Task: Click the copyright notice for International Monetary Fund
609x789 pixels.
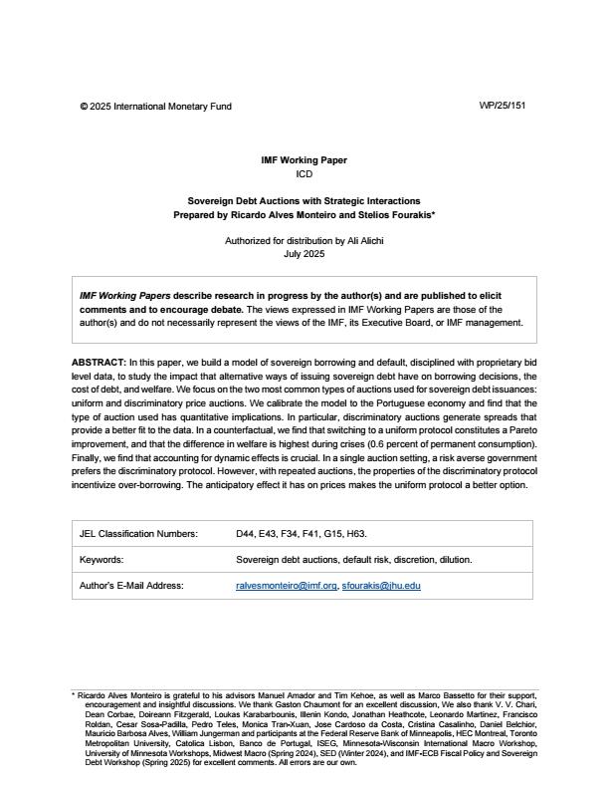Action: click(155, 106)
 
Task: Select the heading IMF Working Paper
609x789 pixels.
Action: click(304, 159)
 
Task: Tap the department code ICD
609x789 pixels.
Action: click(304, 173)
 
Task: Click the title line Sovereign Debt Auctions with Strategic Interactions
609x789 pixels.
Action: click(304, 200)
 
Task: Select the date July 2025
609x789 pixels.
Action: click(304, 254)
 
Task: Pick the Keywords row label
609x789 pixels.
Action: click(101, 560)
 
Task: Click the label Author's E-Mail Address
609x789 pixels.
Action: click(131, 586)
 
